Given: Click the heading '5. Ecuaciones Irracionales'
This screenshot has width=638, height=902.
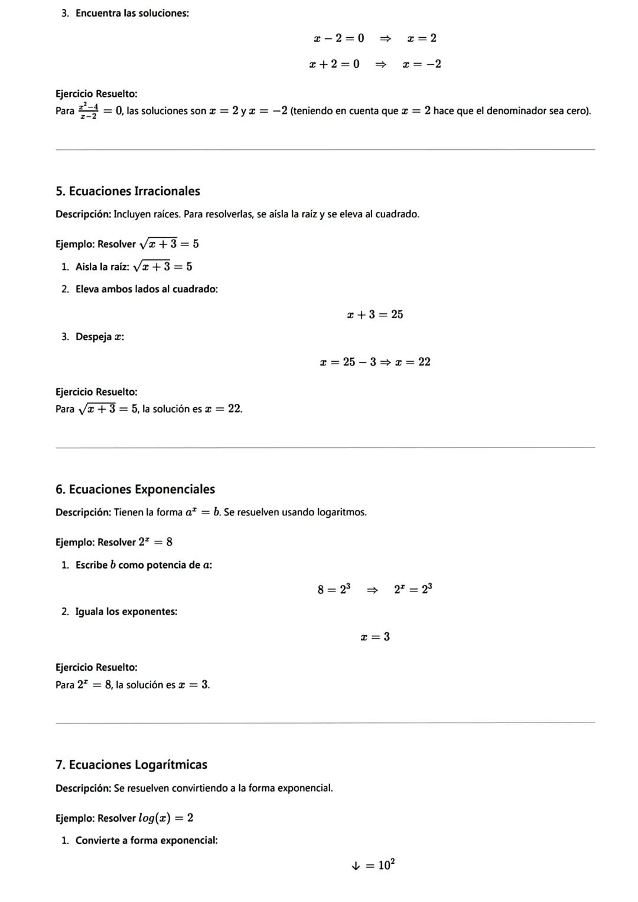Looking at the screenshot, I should pyautogui.click(x=128, y=191).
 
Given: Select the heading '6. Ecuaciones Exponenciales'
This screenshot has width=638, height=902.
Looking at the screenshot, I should pyautogui.click(x=135, y=489).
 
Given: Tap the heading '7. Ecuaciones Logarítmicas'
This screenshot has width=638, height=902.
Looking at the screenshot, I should pyautogui.click(x=131, y=765).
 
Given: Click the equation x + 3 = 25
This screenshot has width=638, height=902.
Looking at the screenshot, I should pyautogui.click(x=375, y=315).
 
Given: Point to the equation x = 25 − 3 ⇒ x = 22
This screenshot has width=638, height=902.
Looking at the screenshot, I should pyautogui.click(x=375, y=362).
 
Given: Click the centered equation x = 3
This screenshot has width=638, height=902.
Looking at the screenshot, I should pyautogui.click(x=375, y=637).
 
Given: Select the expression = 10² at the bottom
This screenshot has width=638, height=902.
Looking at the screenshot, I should pyautogui.click(x=380, y=865).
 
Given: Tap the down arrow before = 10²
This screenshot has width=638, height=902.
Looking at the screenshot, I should pyautogui.click(x=355, y=866).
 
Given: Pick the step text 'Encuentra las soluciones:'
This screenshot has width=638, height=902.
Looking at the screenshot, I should pyautogui.click(x=132, y=13).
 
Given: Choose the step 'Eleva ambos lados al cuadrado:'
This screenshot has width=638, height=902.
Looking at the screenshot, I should pyautogui.click(x=147, y=289).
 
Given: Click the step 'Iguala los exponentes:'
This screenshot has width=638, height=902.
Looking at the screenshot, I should pyautogui.click(x=126, y=612).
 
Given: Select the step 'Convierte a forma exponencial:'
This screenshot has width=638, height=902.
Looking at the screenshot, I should pyautogui.click(x=147, y=841).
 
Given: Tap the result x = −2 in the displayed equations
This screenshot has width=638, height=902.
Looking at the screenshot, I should pyautogui.click(x=422, y=64).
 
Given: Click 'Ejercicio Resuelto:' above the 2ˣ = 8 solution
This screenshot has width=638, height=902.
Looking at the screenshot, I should pyautogui.click(x=96, y=668).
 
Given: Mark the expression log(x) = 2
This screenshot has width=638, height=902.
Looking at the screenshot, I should pyautogui.click(x=165, y=818).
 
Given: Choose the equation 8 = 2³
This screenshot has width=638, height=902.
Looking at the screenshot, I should pyautogui.click(x=334, y=589).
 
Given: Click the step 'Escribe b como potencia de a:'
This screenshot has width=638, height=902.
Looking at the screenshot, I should pyautogui.click(x=144, y=565).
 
